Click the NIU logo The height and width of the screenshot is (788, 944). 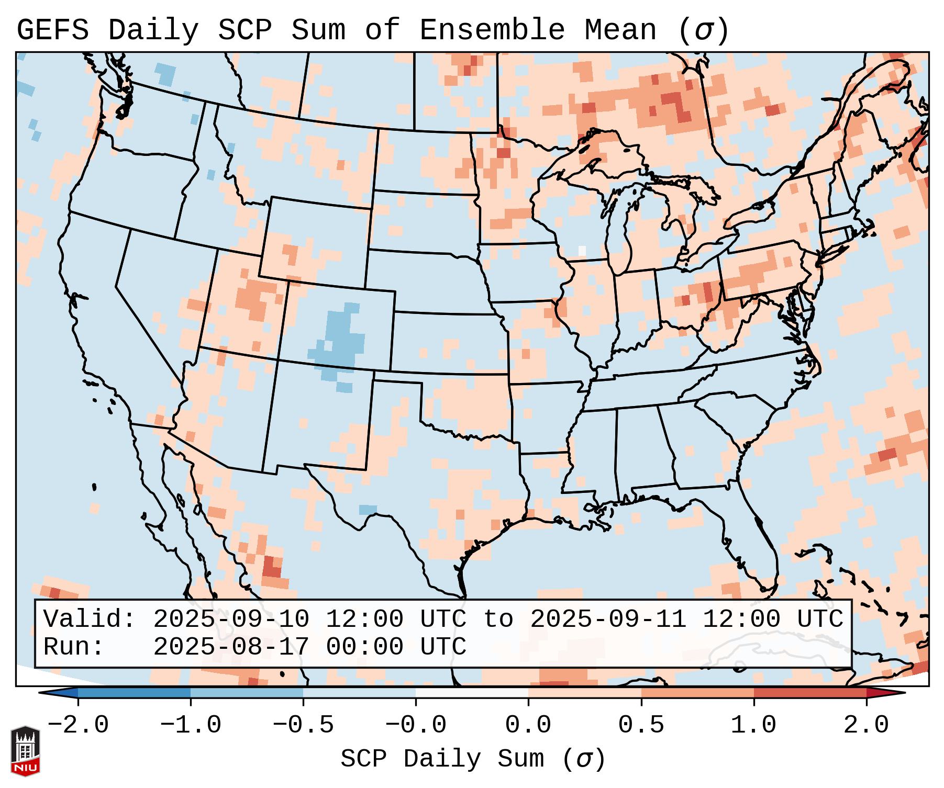(x=25, y=750)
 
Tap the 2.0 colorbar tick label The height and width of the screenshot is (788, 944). (x=866, y=725)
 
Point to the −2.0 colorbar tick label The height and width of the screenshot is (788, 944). (x=78, y=725)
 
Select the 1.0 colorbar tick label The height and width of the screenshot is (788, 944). (x=753, y=725)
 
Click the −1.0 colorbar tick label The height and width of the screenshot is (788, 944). (x=191, y=725)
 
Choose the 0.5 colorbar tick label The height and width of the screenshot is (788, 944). (x=641, y=725)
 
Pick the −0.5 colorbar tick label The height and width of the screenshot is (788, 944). (x=303, y=725)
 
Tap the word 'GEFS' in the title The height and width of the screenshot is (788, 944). (x=52, y=30)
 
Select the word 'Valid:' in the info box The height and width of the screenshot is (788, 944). (x=90, y=619)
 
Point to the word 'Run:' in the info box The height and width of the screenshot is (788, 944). (x=74, y=647)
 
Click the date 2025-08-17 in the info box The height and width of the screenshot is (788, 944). (x=231, y=647)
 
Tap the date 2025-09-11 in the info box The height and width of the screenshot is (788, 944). (x=608, y=619)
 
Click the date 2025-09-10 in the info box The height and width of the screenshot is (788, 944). (x=231, y=619)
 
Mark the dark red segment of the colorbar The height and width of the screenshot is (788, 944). (x=810, y=693)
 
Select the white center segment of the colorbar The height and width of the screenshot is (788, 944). (x=472, y=693)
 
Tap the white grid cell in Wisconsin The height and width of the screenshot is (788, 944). (x=582, y=250)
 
